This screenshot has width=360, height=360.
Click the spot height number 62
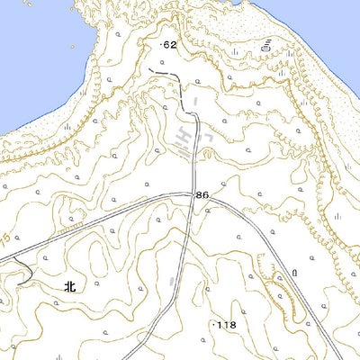(x=171, y=43)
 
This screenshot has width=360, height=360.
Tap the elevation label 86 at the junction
(x=202, y=194)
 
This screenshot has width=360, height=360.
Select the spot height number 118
(x=225, y=324)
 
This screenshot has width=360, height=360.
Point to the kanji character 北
(x=71, y=286)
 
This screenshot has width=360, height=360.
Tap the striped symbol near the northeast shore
(x=267, y=43)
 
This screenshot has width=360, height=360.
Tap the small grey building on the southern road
(x=172, y=285)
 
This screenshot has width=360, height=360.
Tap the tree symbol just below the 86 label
(x=208, y=210)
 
